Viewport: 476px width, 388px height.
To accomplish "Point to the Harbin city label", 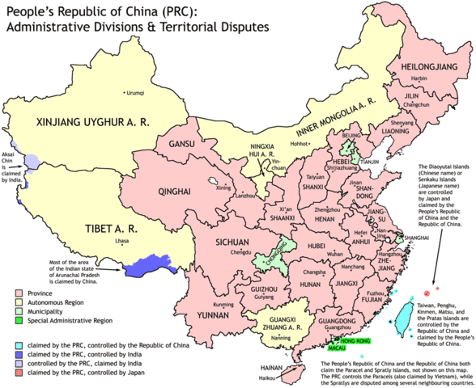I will (x=419, y=78).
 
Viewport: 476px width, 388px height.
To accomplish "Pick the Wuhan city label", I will (x=334, y=254).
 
